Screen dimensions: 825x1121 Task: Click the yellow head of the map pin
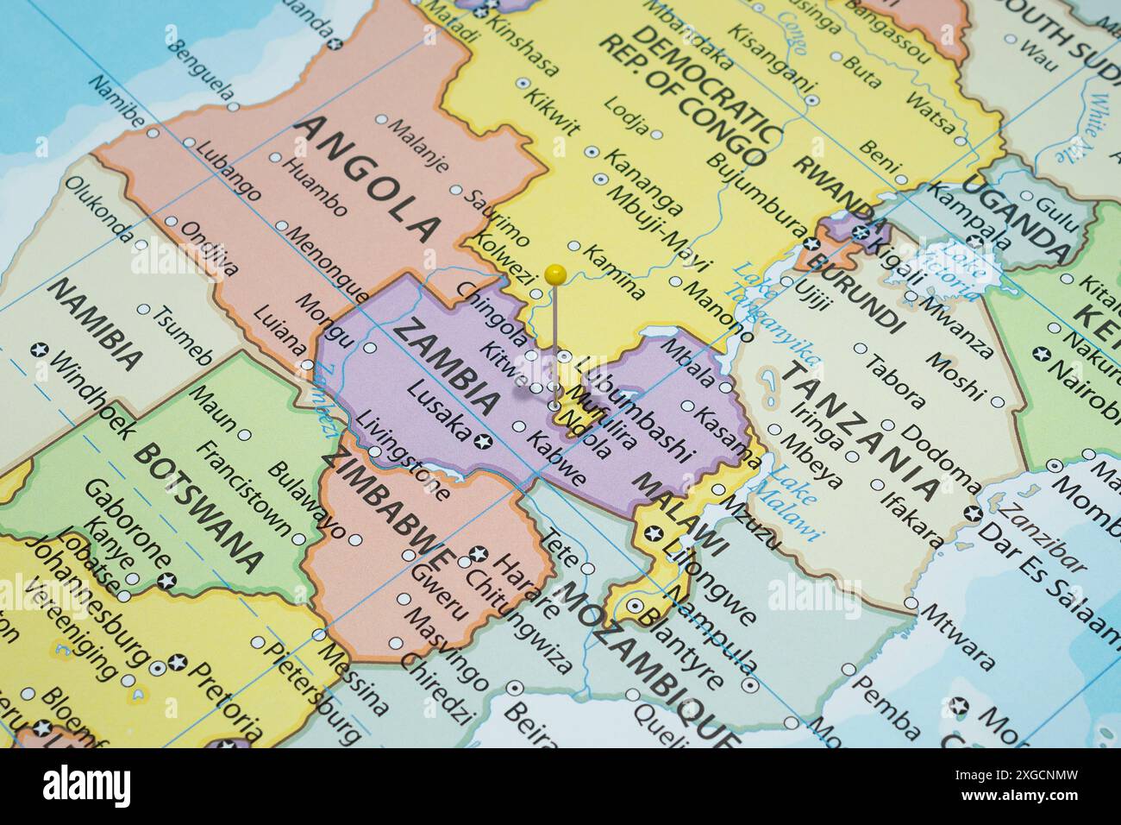tap(556, 274)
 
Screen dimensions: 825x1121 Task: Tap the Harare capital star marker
tap(479, 553)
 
